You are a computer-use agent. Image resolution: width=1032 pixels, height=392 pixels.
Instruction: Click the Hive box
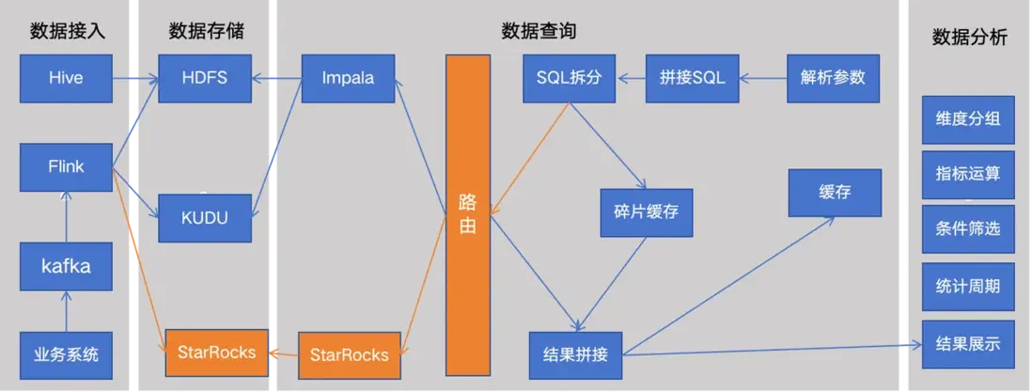pos(66,79)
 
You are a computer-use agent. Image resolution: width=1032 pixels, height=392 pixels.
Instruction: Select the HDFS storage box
pos(205,79)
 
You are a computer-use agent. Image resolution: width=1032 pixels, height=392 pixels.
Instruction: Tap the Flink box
pos(66,167)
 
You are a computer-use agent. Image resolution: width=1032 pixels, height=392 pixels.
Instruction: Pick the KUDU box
pos(205,218)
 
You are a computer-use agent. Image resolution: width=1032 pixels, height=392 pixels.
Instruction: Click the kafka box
pos(66,266)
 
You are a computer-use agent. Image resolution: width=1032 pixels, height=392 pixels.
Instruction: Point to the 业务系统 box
pos(66,355)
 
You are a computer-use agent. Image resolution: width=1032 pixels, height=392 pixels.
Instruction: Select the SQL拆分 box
pos(569,79)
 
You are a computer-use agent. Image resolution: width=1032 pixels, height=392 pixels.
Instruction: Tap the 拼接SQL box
pos(692,79)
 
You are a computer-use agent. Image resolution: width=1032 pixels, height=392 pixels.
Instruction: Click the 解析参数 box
pos(833,79)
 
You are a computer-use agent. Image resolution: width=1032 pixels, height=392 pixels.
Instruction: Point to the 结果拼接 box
pos(575,355)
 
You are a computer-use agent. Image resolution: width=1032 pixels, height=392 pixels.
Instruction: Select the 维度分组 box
pos(968,119)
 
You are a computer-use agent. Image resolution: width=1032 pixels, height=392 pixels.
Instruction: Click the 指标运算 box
pos(968,174)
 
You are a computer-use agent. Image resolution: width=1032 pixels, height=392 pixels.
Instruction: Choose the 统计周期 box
pos(968,287)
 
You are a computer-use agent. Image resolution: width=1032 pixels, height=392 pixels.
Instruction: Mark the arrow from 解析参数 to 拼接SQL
pos(762,79)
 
